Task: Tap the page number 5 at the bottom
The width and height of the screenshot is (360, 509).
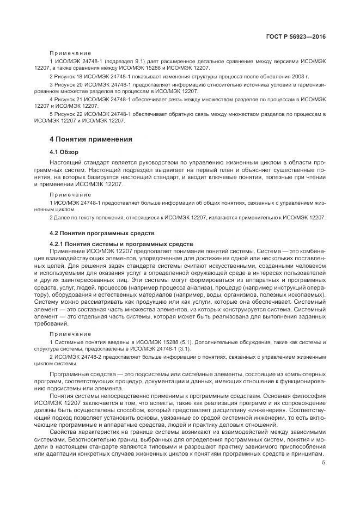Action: (323, 463)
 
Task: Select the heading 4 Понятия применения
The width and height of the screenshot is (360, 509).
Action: (91, 139)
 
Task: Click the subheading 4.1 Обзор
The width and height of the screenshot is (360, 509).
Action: (64, 152)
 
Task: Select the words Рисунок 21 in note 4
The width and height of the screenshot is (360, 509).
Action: (69, 100)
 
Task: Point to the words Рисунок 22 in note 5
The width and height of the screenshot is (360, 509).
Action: (69, 114)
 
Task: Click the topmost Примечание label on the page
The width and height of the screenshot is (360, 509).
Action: (70, 53)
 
